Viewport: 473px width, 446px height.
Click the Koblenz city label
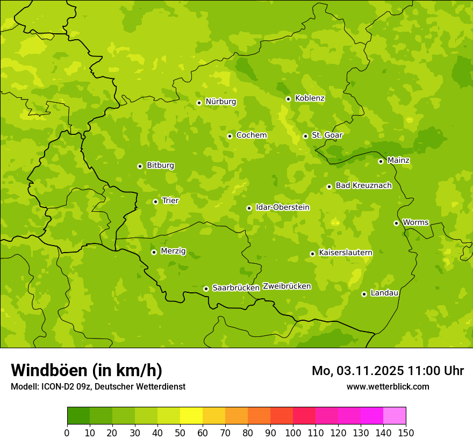click(x=310, y=98)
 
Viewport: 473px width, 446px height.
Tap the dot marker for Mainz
click(x=381, y=161)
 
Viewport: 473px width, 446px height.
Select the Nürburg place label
click(x=220, y=102)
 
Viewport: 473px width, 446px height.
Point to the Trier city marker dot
click(x=155, y=202)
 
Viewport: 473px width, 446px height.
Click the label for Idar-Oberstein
click(x=282, y=207)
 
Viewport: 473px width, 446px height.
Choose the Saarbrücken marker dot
click(x=206, y=289)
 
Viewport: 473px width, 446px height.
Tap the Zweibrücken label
click(x=286, y=286)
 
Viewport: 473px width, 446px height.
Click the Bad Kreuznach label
click(x=363, y=185)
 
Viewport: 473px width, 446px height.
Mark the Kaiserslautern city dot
click(x=312, y=254)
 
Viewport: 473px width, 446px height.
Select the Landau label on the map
click(x=384, y=293)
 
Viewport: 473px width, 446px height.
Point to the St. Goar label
click(x=327, y=135)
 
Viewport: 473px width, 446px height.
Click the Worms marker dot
click(x=396, y=223)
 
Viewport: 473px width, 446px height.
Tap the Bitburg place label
click(x=160, y=166)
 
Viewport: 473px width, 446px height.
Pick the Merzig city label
click(x=173, y=251)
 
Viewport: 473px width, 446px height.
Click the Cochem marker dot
click(x=230, y=136)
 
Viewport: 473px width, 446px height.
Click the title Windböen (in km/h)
click(x=87, y=370)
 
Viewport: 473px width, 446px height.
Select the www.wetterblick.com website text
click(x=388, y=386)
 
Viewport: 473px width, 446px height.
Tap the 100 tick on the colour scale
click(x=293, y=433)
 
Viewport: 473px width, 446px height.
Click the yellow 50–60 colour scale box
click(x=191, y=416)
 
